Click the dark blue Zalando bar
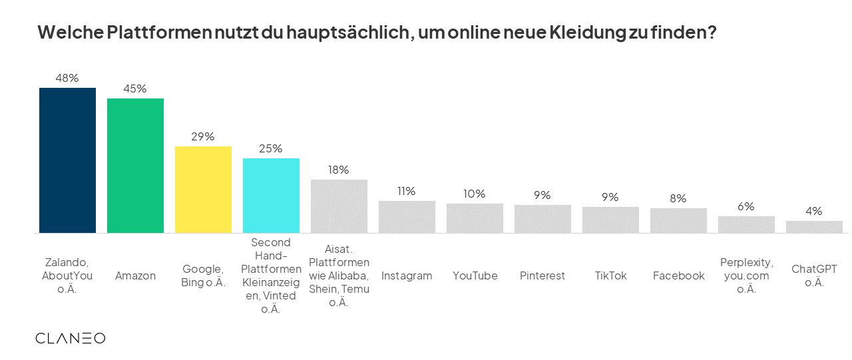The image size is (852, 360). (x=67, y=160)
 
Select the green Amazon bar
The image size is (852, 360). (x=135, y=166)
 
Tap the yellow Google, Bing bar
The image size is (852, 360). (x=203, y=190)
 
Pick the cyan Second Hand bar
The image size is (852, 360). (x=271, y=196)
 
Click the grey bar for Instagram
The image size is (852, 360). (x=407, y=217)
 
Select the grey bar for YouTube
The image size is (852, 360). (x=475, y=218)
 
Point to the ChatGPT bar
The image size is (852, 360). (x=814, y=227)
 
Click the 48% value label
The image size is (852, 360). (x=67, y=78)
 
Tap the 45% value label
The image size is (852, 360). (x=135, y=89)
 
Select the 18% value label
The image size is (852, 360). (x=338, y=170)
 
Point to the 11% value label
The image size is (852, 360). (x=406, y=191)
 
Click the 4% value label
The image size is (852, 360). (x=814, y=211)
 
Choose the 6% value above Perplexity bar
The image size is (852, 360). (x=746, y=206)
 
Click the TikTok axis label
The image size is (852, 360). (x=610, y=275)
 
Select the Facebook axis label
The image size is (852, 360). (x=678, y=275)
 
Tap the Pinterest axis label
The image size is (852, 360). (x=542, y=275)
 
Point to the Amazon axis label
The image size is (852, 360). (x=135, y=275)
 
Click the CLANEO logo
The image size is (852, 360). (x=70, y=338)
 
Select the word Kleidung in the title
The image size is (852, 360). (x=587, y=33)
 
